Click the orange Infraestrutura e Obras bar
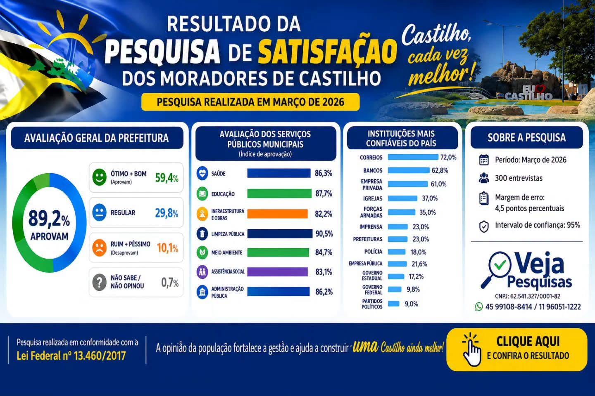pos(277,214)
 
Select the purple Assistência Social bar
pos(277,272)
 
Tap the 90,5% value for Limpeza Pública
pos(324,233)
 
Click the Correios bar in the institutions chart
pos(413,157)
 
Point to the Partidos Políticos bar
pos(393,304)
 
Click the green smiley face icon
pos(99,177)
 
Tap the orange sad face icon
pos(99,248)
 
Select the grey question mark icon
pos(99,282)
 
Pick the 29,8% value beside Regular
pos(167,213)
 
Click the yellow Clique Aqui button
pos(517,349)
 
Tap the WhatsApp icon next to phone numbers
pos(478,306)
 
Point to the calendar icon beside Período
pos(484,160)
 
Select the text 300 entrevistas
pos(519,178)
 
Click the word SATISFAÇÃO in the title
pos(327,52)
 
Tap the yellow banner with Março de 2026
pos(250,102)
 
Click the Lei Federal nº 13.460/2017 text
pos(71,356)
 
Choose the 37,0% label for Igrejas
pos(430,198)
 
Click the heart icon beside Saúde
pos(202,173)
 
